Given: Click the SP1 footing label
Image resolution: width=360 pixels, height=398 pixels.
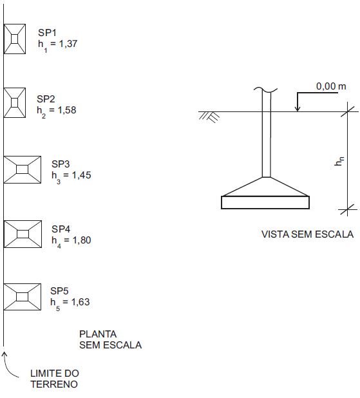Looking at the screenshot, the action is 47,32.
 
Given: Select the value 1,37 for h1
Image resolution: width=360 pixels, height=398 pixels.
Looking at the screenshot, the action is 68,44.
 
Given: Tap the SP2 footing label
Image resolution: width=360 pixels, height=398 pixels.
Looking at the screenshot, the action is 46,99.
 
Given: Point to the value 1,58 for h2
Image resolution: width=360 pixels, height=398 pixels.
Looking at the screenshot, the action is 67,110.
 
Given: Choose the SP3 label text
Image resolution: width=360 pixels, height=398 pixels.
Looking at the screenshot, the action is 61,164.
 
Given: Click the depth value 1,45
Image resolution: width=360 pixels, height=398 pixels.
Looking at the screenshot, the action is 82,175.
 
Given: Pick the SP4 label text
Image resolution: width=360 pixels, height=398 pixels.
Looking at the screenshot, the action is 61,229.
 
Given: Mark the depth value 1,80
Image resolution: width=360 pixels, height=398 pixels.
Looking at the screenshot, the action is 82,240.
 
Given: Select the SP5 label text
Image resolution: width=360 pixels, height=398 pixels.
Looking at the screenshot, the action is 59,290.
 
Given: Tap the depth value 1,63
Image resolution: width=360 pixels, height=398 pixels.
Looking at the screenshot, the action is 81,302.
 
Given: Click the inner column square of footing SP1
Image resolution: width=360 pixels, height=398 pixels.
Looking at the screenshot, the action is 14,39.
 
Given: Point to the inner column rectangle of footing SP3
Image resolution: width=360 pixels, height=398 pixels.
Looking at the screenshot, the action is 23,169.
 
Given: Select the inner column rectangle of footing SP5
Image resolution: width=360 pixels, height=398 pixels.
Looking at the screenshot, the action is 23,297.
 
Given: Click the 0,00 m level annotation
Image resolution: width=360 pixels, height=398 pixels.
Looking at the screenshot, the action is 331,86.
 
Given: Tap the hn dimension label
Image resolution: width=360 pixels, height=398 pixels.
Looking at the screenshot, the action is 339,161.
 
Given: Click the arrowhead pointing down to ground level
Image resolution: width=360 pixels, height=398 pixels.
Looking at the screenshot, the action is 298,108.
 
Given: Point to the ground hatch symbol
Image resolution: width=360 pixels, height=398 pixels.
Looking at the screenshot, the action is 209,117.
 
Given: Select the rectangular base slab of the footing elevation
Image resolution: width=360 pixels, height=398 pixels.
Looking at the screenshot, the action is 265,202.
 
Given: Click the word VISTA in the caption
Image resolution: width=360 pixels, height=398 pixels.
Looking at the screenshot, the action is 275,234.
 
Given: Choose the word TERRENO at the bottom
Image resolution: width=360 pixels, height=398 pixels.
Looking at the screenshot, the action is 54,384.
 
